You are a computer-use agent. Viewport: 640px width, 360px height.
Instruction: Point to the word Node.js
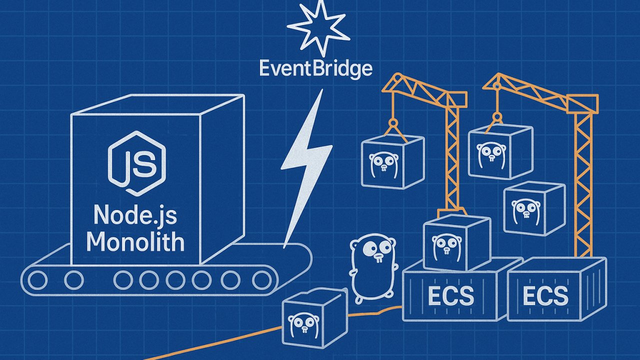[x=135, y=215]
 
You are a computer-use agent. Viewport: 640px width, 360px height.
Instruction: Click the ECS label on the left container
[x=450, y=296]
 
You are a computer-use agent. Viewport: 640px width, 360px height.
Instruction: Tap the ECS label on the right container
[x=545, y=296]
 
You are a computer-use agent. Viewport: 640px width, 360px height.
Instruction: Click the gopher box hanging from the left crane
[x=393, y=160]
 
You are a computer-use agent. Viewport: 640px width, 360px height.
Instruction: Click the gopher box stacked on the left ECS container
[x=456, y=243]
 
